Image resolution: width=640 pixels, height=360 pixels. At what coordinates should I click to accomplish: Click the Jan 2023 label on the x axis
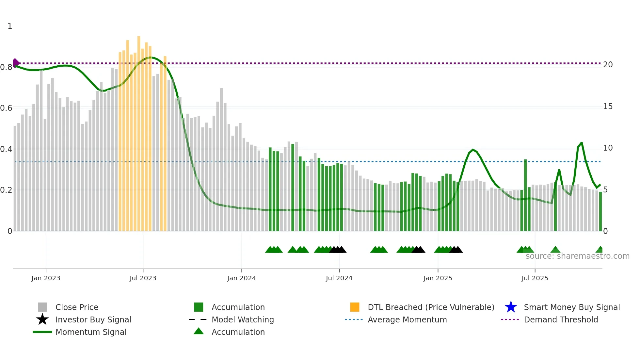46,278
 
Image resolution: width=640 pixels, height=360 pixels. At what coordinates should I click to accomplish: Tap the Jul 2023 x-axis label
143,278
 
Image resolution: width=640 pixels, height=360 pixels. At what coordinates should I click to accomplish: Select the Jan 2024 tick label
241,278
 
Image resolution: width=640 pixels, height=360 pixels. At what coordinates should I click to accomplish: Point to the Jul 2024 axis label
339,278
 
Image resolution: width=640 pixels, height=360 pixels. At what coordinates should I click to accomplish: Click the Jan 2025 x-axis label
438,278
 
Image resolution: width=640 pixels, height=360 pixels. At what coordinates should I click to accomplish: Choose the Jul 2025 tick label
535,278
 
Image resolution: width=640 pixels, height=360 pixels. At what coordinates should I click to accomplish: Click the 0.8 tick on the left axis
6,67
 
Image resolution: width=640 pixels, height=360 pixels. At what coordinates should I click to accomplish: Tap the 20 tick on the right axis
608,65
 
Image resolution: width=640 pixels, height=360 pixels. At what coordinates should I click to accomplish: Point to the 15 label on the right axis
608,106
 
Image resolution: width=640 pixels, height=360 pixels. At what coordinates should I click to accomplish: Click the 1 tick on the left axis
10,26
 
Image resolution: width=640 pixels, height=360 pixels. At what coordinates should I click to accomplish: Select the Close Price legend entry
77,307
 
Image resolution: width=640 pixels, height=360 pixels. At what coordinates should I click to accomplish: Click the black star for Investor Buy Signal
42,319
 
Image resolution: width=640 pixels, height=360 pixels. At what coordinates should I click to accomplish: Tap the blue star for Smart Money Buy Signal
511,307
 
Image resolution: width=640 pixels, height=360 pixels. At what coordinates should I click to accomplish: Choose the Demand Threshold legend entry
561,319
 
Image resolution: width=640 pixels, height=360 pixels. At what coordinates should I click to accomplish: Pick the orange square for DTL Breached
355,307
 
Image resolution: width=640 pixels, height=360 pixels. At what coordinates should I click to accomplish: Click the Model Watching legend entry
243,319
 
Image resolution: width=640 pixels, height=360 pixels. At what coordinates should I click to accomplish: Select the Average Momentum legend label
407,319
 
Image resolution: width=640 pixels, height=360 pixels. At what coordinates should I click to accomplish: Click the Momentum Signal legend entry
91,332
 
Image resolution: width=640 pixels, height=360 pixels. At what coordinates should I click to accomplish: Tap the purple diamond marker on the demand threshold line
16,63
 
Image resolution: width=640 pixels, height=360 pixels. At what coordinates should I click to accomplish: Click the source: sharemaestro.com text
577,256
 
